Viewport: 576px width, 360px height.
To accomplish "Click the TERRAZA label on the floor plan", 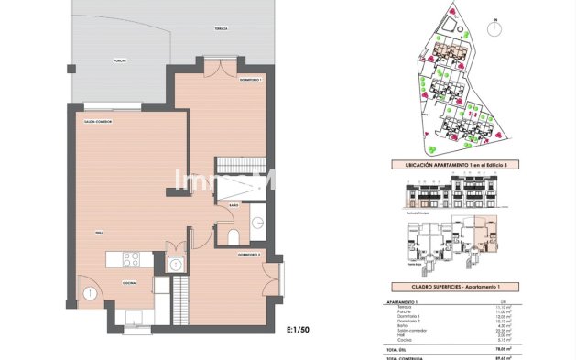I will pyautogui.click(x=221, y=29).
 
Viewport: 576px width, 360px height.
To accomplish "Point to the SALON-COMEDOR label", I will pyautogui.click(x=98, y=121).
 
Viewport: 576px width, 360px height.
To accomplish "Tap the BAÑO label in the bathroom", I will pyautogui.click(x=234, y=206).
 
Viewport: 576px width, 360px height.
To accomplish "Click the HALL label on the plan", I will pyautogui.click(x=98, y=234).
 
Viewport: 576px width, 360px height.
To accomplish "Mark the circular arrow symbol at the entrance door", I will pyautogui.click(x=91, y=293).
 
